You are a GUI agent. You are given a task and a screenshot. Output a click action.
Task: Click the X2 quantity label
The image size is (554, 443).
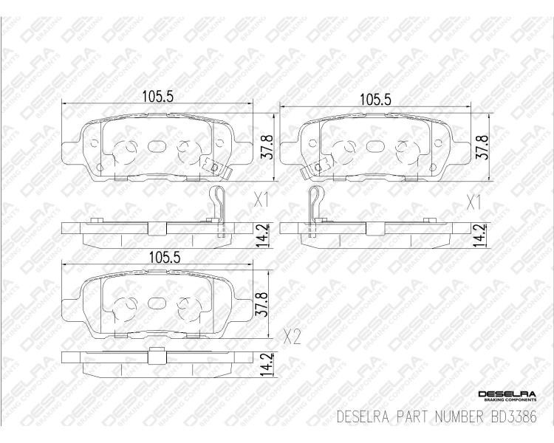pyautogui.click(x=293, y=337)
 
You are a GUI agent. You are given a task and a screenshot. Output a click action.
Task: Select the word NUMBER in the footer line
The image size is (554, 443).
pyautogui.click(x=459, y=417)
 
